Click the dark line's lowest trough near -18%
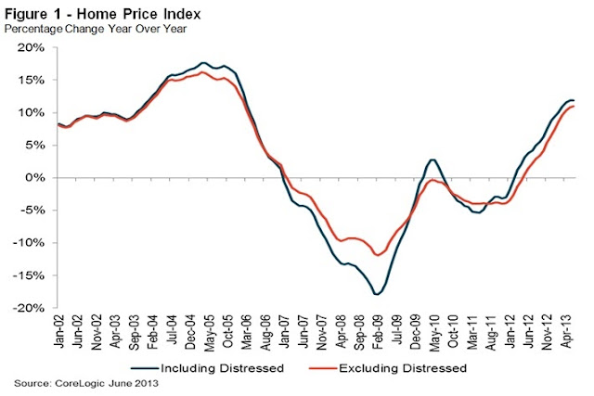pyautogui.click(x=378, y=294)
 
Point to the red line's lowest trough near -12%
pyautogui.click(x=377, y=254)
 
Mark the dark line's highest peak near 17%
pyautogui.click(x=203, y=63)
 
